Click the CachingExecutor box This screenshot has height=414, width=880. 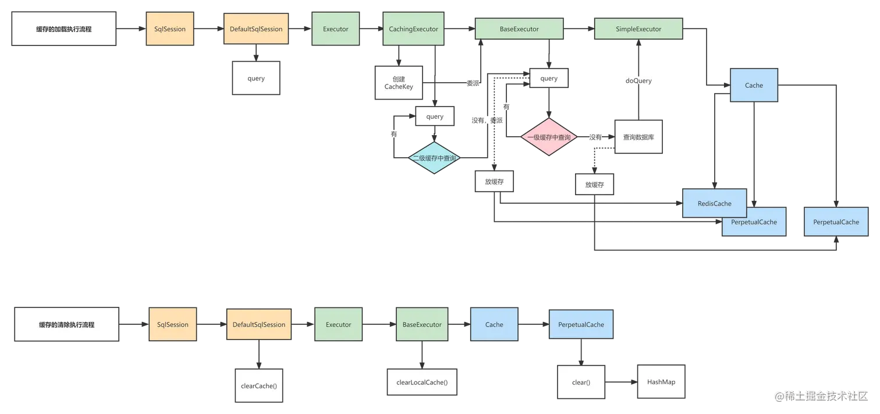coord(413,29)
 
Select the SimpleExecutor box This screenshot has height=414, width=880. coord(638,29)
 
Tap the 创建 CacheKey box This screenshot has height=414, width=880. coord(399,83)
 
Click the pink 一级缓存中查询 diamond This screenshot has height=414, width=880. coord(548,137)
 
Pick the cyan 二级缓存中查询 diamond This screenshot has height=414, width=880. coord(434,158)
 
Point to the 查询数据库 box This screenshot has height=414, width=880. coord(638,137)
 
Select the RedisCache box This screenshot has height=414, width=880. coord(714,203)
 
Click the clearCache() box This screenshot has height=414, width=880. coord(258,385)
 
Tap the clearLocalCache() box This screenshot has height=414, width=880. coord(422,382)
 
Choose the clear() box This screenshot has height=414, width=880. coord(581,383)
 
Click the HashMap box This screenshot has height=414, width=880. coord(661,382)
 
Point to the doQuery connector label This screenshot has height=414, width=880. coord(638,81)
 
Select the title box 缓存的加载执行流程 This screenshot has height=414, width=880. coord(64,29)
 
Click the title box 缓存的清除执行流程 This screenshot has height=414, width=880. coord(66,325)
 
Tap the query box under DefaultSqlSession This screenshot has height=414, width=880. coord(256,79)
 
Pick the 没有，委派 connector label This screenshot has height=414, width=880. coord(487,121)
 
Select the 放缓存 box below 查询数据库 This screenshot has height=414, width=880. coord(594,185)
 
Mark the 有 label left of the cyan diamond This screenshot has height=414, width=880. coord(394,134)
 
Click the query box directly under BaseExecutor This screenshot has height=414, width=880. coord(548,79)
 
